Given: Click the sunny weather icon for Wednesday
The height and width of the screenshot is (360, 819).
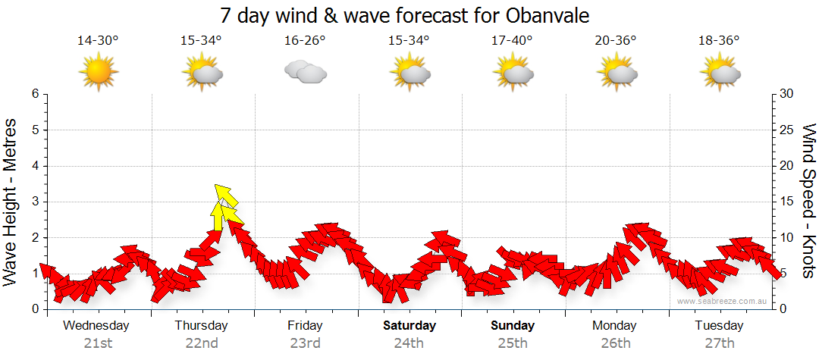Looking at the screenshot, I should (x=98, y=72).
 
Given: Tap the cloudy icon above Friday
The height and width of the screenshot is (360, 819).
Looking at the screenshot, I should (x=305, y=72).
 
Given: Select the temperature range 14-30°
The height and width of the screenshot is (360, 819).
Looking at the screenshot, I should (x=98, y=40).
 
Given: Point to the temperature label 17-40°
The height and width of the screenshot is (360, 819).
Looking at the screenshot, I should (x=512, y=40).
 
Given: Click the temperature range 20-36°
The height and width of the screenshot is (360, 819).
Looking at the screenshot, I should (x=616, y=40).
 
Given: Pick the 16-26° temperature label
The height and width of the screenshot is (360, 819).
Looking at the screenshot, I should (x=305, y=40).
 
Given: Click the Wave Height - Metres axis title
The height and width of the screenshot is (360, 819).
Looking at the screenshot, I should (x=11, y=201).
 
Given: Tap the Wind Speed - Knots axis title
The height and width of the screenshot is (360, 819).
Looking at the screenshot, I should (x=808, y=201).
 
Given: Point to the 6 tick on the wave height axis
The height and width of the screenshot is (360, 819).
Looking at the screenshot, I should (x=34, y=94).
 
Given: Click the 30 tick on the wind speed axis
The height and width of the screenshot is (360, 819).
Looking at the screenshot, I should (x=787, y=94).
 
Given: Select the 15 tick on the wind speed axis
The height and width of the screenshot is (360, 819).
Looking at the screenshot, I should (x=787, y=202).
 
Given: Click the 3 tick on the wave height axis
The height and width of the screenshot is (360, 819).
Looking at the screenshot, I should (x=34, y=202).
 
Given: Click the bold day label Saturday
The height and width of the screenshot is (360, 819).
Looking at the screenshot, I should (x=409, y=326).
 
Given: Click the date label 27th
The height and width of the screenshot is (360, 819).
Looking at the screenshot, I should (x=719, y=343).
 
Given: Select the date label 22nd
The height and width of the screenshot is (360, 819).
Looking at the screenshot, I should (x=202, y=343).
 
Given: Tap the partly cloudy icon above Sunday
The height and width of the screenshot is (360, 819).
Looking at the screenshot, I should (x=512, y=72).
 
